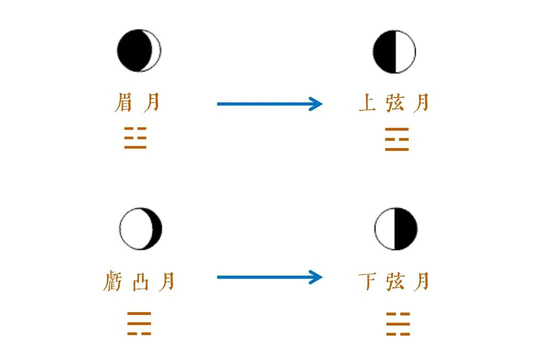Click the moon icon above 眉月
tap(139, 50)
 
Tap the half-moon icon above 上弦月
tap(394, 51)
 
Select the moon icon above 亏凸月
tap(140, 228)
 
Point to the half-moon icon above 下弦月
tap(395, 228)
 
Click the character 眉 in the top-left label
tap(123, 103)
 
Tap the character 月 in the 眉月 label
tap(151, 103)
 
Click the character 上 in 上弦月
tap(367, 103)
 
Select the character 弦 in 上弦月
tap(395, 103)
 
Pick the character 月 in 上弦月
tap(421, 103)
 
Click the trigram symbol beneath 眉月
tap(135, 138)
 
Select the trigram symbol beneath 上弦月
tap(397, 139)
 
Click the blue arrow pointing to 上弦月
tap(270, 104)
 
